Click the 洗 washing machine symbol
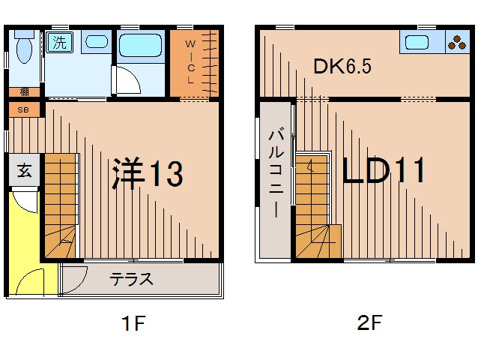click(57, 43)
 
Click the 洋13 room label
click(147, 174)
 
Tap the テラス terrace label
click(132, 280)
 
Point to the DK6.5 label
click(342, 67)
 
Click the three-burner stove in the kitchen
click(456, 42)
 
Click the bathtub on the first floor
click(141, 47)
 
